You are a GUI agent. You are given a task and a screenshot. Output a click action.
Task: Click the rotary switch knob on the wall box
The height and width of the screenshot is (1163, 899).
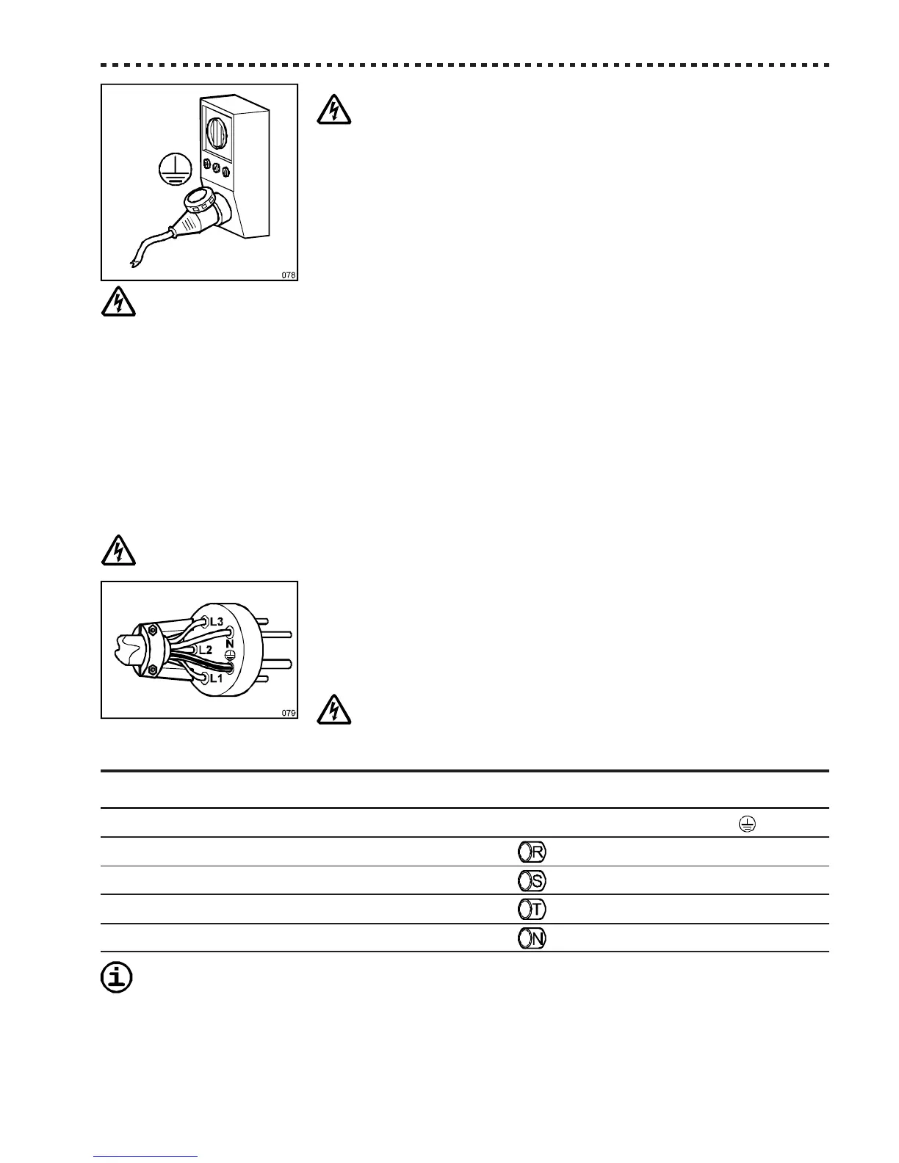point(217,132)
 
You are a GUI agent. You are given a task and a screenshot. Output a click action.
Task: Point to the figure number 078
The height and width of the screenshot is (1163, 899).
point(288,275)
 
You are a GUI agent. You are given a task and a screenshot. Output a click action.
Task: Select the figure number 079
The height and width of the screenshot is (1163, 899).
point(288,712)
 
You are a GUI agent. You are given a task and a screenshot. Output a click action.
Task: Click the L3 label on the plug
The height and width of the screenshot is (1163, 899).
point(217,622)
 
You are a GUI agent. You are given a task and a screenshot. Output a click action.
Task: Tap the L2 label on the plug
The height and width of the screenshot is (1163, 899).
point(205,651)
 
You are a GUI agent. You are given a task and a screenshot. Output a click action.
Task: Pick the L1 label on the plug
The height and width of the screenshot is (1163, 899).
point(215,679)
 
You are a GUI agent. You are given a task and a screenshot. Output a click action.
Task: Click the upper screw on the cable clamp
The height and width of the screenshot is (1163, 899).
point(153,628)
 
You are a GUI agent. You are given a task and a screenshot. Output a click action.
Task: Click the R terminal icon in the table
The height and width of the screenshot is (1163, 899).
point(531,852)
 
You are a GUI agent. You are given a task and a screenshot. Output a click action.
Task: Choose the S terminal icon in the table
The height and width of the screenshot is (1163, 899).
point(531,880)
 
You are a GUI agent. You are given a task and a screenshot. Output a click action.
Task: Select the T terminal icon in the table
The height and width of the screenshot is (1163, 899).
point(531,909)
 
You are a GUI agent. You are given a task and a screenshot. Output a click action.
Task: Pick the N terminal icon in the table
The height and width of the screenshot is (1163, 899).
point(531,938)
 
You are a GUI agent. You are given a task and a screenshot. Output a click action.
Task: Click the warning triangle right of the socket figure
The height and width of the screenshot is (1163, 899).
point(334,110)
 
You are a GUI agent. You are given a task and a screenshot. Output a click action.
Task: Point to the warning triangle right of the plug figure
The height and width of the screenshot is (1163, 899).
point(334,710)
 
